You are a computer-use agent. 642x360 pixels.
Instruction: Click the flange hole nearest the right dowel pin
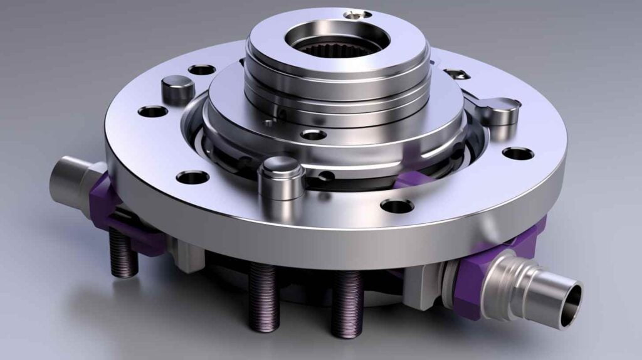point(518,152)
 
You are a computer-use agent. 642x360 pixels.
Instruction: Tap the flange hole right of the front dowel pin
point(397,205)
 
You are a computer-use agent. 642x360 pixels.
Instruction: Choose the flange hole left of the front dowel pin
point(192,177)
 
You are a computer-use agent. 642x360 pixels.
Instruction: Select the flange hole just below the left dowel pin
point(153,112)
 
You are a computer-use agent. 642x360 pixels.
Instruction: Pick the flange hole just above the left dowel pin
point(202,69)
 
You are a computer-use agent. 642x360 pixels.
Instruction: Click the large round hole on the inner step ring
point(313,134)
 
